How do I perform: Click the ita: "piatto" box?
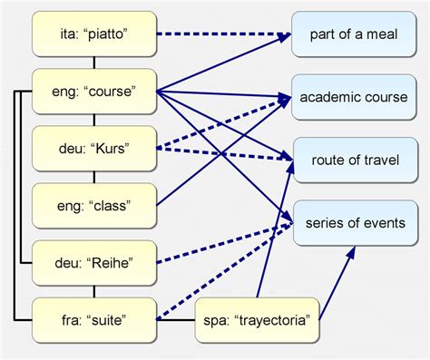94,34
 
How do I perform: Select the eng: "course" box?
94,92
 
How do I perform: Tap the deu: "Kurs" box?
94,149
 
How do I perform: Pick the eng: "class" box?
94,206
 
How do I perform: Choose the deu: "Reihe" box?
94,263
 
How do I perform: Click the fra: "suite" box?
94,319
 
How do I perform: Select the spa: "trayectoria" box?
257,319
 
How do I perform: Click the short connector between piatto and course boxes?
94,63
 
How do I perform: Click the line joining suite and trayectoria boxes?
176,319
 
